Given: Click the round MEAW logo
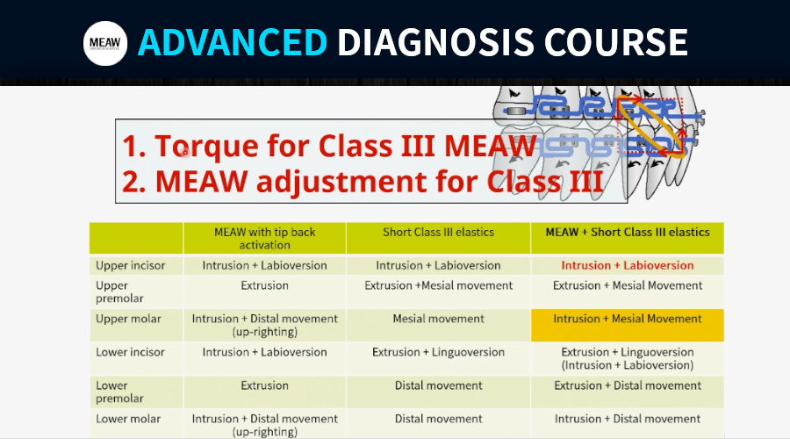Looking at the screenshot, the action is pyautogui.click(x=105, y=43).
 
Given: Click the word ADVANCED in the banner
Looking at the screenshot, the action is pyautogui.click(x=233, y=42).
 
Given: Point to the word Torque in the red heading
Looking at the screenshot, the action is pyautogui.click(x=206, y=146).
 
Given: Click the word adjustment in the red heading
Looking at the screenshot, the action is pyautogui.click(x=341, y=182).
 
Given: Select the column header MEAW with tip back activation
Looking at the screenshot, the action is pyautogui.click(x=264, y=239).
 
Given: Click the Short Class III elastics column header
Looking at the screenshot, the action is pyautogui.click(x=438, y=233).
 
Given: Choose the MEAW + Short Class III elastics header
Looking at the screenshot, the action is pyautogui.click(x=628, y=233).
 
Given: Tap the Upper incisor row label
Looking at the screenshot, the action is pyautogui.click(x=131, y=266).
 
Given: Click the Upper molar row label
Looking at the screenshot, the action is pyautogui.click(x=128, y=319).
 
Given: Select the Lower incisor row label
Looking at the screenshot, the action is pyautogui.click(x=131, y=352).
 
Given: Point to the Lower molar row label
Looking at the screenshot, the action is pyautogui.click(x=128, y=419).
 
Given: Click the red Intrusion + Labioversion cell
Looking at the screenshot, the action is pyautogui.click(x=628, y=266).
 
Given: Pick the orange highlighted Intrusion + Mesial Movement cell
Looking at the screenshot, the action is pyautogui.click(x=628, y=325).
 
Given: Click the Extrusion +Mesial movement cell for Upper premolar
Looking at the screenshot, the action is pyautogui.click(x=438, y=285).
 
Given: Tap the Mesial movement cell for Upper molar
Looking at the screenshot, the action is pyautogui.click(x=438, y=319).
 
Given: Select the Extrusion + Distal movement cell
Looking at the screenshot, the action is pyautogui.click(x=628, y=385).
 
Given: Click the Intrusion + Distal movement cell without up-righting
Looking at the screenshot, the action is pyautogui.click(x=628, y=419).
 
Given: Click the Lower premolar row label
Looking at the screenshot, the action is pyautogui.click(x=119, y=392).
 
